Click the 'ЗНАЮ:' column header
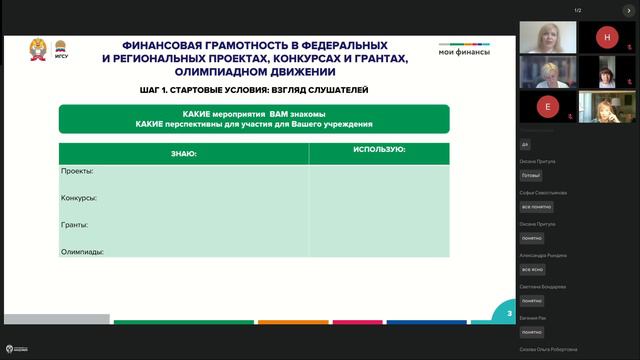(x=183, y=154)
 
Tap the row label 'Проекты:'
(x=77, y=171)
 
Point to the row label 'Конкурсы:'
(x=81, y=197)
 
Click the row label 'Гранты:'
(x=75, y=224)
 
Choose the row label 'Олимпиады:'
(x=83, y=251)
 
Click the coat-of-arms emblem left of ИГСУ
(x=41, y=49)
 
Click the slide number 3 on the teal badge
(x=508, y=314)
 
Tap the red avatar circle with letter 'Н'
(x=607, y=37)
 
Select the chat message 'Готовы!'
(x=531, y=175)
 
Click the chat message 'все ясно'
(x=532, y=270)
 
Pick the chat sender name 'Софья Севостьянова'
(x=544, y=192)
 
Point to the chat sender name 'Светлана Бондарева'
(x=544, y=286)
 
